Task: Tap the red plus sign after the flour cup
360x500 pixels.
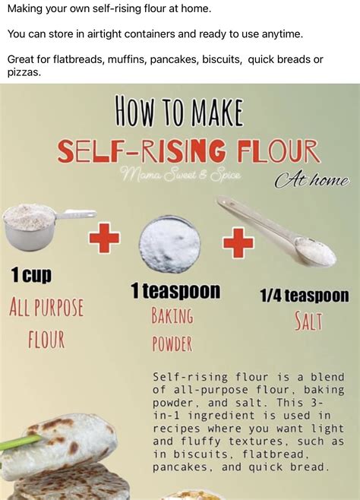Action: tap(104, 239)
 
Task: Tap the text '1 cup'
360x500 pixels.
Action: tap(31, 276)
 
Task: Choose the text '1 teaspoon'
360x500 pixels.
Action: tap(175, 291)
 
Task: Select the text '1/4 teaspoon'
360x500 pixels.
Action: tap(305, 296)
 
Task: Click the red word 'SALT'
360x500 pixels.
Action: tap(308, 321)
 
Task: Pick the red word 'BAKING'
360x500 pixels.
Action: tap(172, 315)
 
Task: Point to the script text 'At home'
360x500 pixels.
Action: tap(311, 181)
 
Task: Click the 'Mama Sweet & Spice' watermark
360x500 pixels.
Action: tap(180, 175)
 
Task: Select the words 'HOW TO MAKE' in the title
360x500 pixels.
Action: tap(179, 111)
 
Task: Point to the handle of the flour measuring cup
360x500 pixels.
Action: tap(76, 214)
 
